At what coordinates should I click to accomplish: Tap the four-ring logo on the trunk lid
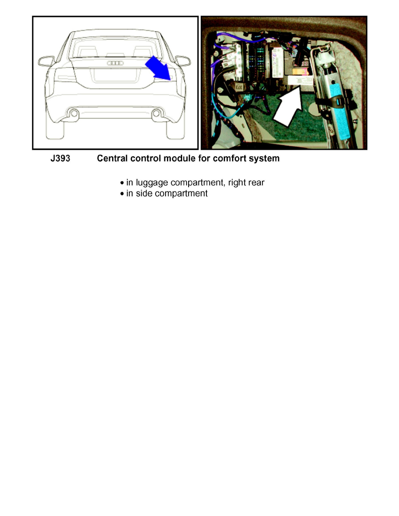point(116,63)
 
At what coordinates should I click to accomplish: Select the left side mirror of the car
point(46,61)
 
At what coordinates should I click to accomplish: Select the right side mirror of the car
point(183,61)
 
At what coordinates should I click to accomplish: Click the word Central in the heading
point(113,159)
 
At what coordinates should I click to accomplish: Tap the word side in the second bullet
point(143,193)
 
